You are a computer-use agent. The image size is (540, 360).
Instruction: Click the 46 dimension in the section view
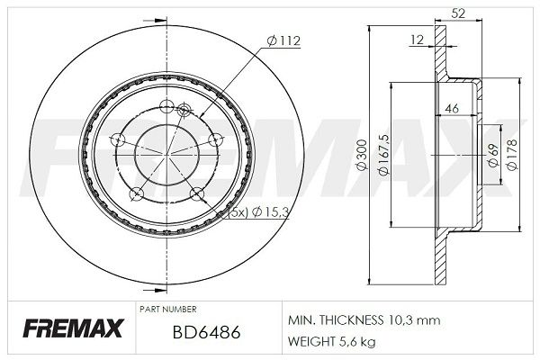click(x=454, y=109)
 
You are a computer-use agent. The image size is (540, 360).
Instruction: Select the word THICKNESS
click(x=352, y=320)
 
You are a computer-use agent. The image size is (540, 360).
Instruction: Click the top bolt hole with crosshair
click(x=184, y=110)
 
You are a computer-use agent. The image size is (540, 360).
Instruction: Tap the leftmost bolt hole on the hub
click(x=119, y=139)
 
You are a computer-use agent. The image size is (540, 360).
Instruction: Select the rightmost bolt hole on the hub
click(x=215, y=139)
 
